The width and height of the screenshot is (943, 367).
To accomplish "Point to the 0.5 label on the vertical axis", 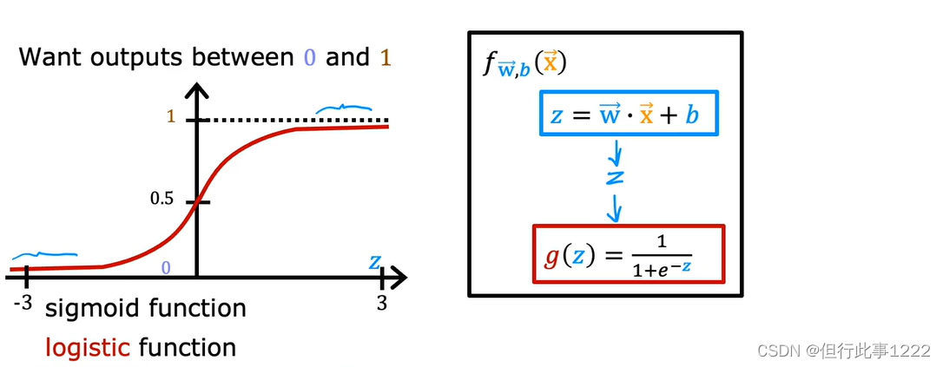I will [162, 200].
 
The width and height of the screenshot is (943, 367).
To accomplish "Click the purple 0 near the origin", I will [165, 268].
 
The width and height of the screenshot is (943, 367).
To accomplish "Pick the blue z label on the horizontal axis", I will [374, 260].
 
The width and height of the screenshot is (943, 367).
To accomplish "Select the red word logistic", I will [88, 348].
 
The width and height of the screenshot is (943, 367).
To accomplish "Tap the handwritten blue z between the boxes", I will [616, 177].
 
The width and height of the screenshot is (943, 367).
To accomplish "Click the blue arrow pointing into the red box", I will [616, 208].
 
